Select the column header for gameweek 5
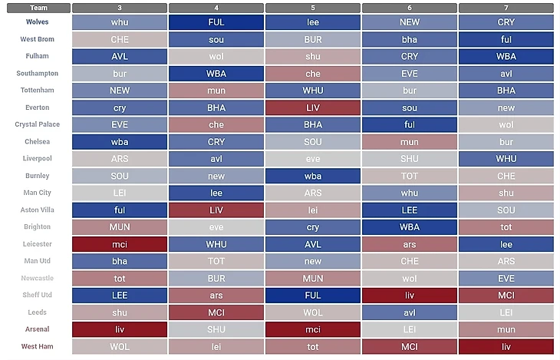(313, 8)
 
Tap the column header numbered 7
(506, 8)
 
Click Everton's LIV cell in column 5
(313, 108)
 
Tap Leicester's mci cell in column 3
(120, 244)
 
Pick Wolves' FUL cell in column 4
(216, 22)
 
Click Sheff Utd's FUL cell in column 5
(313, 296)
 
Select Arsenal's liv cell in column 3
(120, 329)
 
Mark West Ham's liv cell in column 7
(506, 346)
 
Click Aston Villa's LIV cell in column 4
(216, 210)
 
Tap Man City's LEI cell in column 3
(120, 193)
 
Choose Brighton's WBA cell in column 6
(410, 227)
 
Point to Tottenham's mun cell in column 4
(216, 91)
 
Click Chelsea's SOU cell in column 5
(313, 142)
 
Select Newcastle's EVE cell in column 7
(506, 279)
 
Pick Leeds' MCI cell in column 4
(216, 312)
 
